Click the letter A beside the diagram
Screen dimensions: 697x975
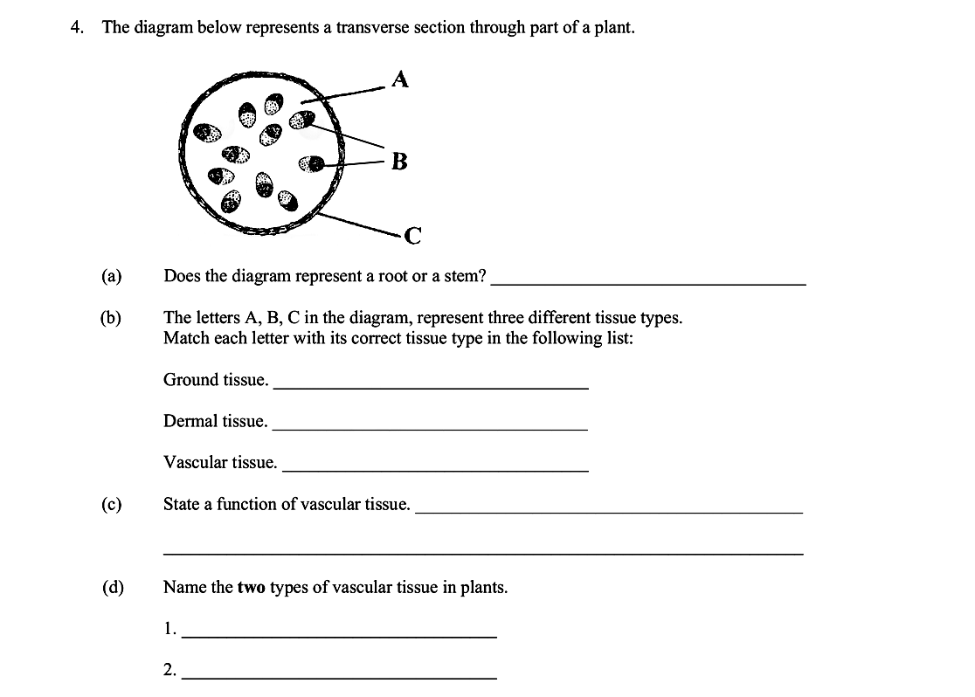pos(399,79)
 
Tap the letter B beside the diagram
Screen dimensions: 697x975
pos(399,162)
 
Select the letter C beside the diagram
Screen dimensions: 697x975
pos(412,235)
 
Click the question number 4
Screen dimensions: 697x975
pos(77,27)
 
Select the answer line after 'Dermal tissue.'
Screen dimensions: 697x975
pos(430,428)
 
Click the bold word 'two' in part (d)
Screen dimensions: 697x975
pos(252,587)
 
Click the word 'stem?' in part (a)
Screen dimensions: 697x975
pos(466,277)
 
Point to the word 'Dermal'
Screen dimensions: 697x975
pos(190,421)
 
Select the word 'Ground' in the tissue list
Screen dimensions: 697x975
pos(190,380)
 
